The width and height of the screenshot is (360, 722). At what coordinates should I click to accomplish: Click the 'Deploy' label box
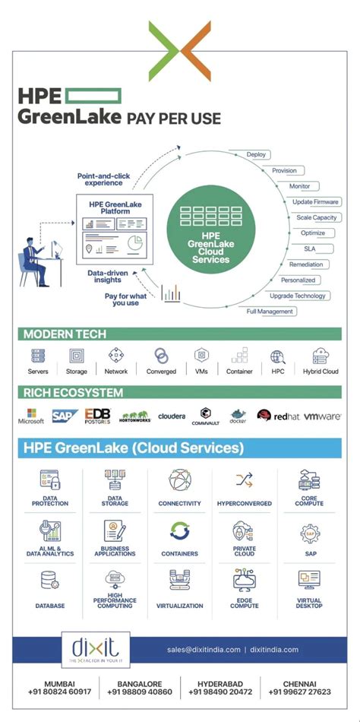click(x=256, y=154)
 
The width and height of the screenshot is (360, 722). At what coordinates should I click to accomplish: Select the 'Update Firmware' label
click(x=316, y=201)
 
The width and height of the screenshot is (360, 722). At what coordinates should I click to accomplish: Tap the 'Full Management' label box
click(x=270, y=312)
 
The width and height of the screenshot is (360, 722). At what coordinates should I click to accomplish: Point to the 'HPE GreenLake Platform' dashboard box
click(x=115, y=228)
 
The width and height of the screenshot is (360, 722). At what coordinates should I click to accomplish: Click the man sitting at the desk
click(x=34, y=258)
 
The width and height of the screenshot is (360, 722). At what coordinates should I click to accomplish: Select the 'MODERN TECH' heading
click(x=65, y=334)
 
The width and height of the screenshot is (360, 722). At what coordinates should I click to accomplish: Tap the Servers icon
click(x=38, y=356)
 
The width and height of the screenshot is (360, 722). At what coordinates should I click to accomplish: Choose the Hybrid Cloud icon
click(x=320, y=356)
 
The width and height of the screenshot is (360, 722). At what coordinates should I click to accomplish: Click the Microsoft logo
click(x=31, y=416)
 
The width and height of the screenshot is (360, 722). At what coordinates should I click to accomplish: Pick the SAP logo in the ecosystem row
click(x=65, y=415)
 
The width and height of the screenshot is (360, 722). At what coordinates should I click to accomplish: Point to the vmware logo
click(x=322, y=416)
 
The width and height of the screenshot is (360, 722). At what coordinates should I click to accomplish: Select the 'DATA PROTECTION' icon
click(x=50, y=480)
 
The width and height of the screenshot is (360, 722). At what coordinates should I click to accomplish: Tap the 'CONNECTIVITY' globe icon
click(x=180, y=480)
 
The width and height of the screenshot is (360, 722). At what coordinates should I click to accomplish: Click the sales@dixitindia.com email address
click(x=204, y=650)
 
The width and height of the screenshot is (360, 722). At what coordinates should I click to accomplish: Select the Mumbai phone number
click(x=60, y=692)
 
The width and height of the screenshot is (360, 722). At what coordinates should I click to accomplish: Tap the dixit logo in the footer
click(x=96, y=650)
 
